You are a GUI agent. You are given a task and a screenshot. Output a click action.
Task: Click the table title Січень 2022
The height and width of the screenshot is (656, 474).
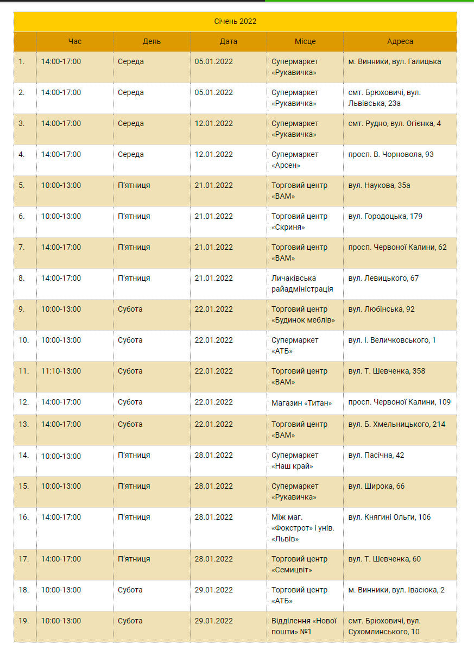[235, 22]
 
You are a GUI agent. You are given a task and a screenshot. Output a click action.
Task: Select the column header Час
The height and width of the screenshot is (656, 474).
[75, 42]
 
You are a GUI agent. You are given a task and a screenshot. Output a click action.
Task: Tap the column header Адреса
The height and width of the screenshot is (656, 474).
[400, 42]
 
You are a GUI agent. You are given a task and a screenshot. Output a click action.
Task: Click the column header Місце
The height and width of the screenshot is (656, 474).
[305, 42]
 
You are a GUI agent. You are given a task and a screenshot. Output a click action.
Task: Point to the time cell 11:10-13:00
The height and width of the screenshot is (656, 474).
[61, 371]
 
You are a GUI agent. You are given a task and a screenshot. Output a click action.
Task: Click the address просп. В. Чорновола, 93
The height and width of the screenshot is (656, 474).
[391, 155]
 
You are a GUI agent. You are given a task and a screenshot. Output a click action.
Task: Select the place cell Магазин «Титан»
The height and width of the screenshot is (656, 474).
[301, 402]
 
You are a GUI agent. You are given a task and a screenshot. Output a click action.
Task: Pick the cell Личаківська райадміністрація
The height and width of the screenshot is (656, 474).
[302, 283]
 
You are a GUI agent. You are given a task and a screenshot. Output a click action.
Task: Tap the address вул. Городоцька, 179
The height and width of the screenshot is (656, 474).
[385, 217]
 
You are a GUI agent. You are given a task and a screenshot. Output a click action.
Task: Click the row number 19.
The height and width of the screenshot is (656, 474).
[24, 621]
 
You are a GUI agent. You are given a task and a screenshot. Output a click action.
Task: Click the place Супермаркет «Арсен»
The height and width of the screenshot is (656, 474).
[295, 160]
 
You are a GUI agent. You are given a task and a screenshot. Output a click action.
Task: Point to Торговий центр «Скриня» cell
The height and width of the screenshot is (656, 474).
[299, 222]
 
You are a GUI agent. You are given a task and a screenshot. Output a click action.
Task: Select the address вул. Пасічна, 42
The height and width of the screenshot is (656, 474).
[376, 456]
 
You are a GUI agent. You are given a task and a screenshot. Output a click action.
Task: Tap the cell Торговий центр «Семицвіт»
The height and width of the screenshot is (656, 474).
[299, 564]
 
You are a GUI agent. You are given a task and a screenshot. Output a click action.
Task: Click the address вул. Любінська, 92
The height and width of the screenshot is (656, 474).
[381, 310]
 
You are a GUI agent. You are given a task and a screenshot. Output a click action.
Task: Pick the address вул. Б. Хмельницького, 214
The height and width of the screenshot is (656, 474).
[396, 425]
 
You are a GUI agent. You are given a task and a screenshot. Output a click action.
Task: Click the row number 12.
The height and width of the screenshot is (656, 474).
[24, 402]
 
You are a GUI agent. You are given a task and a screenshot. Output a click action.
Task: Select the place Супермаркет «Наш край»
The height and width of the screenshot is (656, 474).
[295, 461]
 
